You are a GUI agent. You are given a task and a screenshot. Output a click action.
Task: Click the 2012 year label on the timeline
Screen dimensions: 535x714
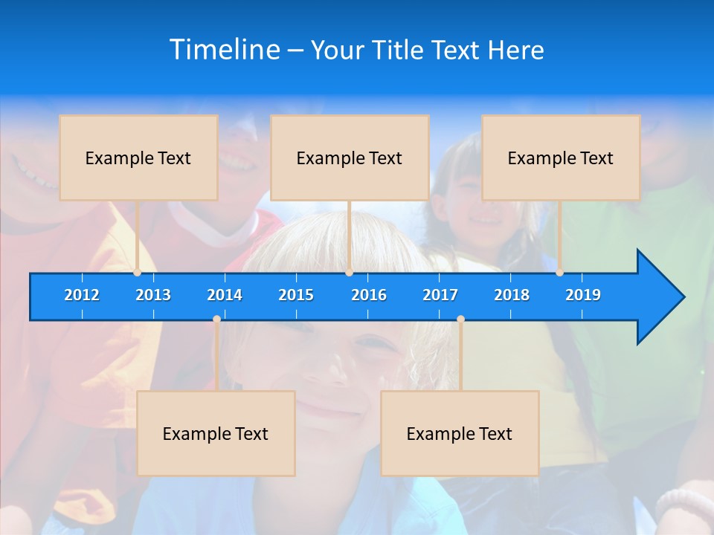tap(82, 295)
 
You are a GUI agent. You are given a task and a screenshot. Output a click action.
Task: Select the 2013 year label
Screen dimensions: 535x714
tap(153, 295)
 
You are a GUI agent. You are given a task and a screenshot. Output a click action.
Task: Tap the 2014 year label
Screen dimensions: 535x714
tap(225, 295)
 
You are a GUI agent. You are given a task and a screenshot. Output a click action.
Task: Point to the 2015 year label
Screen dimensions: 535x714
tap(296, 295)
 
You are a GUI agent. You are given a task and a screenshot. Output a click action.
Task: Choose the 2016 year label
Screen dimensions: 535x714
tap(369, 295)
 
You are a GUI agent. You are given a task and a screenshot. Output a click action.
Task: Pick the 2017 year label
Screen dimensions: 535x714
tap(440, 295)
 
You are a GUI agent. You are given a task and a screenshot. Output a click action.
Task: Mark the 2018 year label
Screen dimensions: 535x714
tap(512, 295)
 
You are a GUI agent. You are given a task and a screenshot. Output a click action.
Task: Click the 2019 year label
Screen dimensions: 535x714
tap(583, 295)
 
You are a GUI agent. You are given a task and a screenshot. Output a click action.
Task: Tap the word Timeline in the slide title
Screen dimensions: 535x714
tap(224, 50)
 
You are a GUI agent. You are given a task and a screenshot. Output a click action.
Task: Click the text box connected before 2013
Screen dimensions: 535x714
tap(138, 158)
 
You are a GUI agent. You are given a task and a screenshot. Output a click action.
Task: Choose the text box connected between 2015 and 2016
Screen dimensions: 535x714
tap(350, 158)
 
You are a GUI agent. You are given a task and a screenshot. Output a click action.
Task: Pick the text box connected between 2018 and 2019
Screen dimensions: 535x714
tap(561, 158)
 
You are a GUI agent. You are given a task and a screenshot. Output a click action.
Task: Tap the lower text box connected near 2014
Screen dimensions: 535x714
tap(216, 433)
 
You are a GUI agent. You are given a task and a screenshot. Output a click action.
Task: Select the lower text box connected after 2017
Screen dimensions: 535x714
tap(460, 433)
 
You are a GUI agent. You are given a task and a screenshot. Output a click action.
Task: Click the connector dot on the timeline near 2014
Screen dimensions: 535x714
tap(216, 320)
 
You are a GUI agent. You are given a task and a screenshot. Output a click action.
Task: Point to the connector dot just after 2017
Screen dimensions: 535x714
tap(460, 320)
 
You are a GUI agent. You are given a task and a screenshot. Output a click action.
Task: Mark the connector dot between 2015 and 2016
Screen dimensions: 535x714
tap(349, 273)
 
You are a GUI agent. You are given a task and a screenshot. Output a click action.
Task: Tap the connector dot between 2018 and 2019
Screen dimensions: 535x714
tap(559, 273)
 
